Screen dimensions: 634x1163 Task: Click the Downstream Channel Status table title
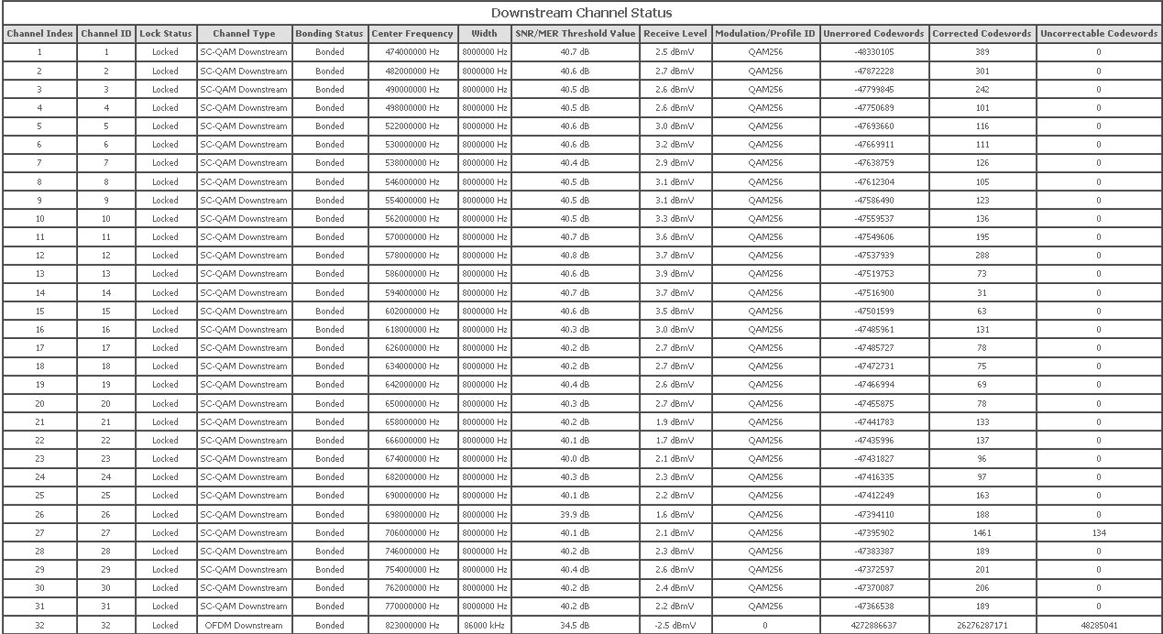point(581,13)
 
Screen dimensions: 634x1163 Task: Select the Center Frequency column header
point(412,34)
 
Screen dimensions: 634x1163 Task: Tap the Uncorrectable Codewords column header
point(1099,34)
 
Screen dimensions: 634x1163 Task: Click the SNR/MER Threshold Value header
point(576,34)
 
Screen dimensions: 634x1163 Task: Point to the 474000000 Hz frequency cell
point(412,52)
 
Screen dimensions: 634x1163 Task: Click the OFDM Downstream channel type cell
point(243,625)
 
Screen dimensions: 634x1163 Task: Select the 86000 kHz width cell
point(484,625)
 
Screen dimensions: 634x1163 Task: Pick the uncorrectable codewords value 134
point(1099,532)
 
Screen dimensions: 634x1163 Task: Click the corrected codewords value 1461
point(982,532)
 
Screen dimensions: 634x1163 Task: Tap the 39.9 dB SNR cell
point(576,514)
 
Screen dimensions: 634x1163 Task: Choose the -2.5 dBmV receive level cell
point(675,625)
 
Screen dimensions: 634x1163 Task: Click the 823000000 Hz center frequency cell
point(412,625)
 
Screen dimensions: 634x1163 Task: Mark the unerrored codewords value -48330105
point(873,52)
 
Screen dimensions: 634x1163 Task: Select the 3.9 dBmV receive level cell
point(675,274)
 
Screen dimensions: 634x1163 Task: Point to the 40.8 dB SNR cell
point(576,256)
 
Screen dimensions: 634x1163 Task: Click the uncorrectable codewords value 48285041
point(1099,625)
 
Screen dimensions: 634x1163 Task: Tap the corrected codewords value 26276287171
point(982,625)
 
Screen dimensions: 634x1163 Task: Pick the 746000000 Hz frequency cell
point(412,551)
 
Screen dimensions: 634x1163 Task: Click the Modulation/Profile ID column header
point(765,34)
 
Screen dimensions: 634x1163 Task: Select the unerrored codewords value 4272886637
point(873,625)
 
